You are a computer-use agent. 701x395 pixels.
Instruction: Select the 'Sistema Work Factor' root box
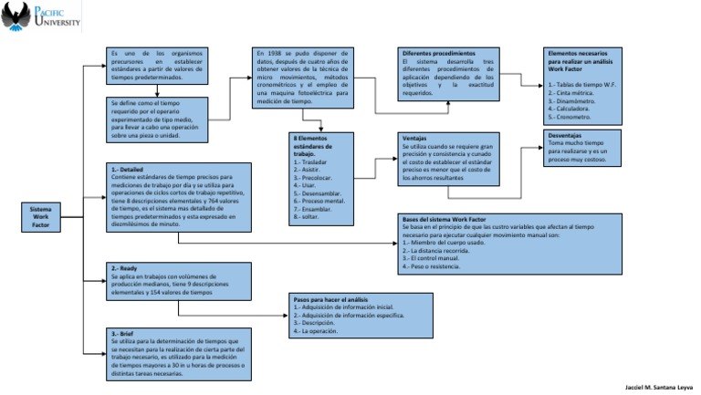coord(40,216)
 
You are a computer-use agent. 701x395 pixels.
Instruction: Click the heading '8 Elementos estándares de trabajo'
coord(316,146)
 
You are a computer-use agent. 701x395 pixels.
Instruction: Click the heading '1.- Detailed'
coord(127,169)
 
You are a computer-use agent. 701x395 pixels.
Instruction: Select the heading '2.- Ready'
coord(123,269)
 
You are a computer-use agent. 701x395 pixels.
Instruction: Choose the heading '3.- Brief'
coord(122,333)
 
